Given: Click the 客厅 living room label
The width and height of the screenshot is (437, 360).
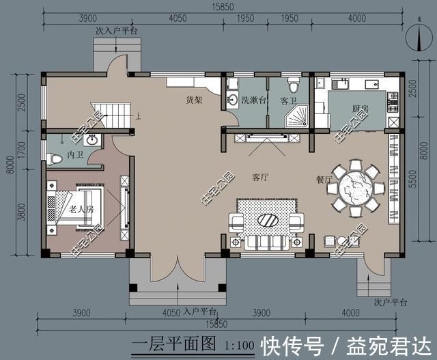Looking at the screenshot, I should [259, 177].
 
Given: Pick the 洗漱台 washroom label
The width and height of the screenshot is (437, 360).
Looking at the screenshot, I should [253, 100].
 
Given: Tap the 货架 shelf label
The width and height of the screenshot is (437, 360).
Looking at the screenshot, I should [194, 100].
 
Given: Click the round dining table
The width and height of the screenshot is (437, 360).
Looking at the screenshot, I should [356, 186].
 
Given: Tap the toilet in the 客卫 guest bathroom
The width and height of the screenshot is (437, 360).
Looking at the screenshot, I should [294, 85].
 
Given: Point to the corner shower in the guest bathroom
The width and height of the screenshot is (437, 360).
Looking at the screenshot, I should [297, 117].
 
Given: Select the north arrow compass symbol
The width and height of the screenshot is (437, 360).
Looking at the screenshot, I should [414, 39].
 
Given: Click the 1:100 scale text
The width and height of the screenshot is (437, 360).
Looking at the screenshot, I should [236, 342].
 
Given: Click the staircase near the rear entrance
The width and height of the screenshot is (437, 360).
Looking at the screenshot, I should [113, 113].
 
